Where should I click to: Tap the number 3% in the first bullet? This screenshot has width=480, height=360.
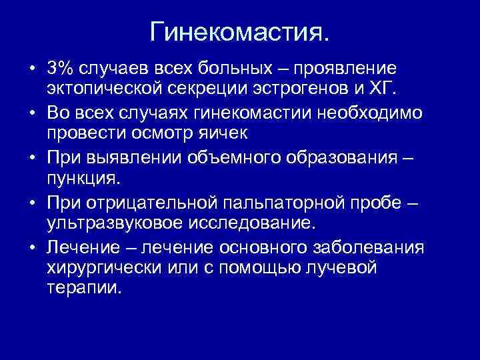point(61,68)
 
